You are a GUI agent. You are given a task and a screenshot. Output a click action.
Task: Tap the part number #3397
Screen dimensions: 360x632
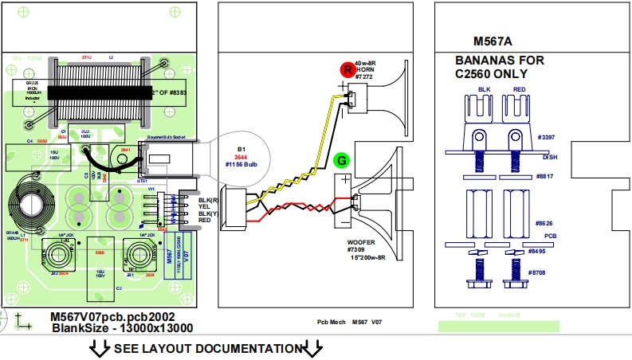[x=546, y=138]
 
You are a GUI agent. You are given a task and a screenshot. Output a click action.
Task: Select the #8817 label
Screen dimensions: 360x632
[x=544, y=176]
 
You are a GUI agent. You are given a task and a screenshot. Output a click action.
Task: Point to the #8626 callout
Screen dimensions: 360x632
[x=545, y=224]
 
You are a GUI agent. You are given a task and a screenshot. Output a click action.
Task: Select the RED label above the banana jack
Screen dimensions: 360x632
[x=520, y=89]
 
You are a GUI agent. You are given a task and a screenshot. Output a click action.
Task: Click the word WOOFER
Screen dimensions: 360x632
[x=361, y=242]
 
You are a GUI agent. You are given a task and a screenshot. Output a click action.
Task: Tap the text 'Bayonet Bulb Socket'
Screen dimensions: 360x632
[x=162, y=138]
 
